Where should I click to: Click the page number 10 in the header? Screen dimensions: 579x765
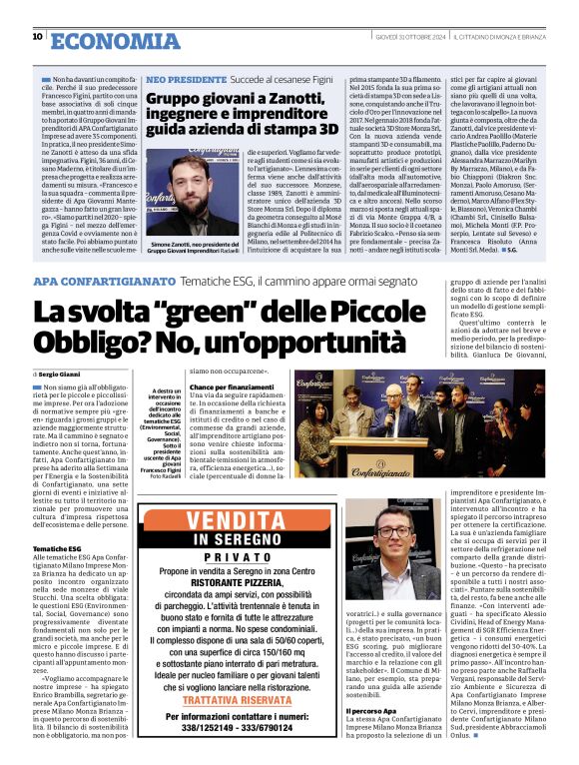(x=37, y=36)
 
